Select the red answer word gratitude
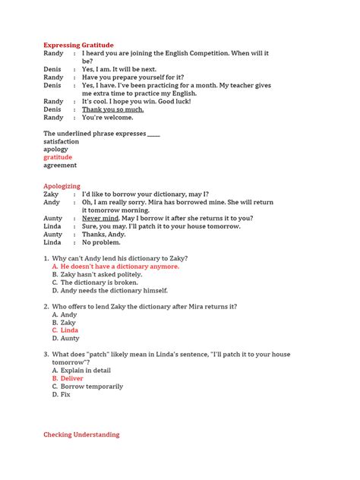58,157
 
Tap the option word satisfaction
61,141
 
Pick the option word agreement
60,165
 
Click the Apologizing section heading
62,185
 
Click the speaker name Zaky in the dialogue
51,194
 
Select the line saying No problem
102,242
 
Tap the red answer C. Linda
65,330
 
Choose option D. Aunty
65,338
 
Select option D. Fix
62,394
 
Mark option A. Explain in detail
81,371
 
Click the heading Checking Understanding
81,435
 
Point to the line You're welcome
107,118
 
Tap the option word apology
55,150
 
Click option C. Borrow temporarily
87,387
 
